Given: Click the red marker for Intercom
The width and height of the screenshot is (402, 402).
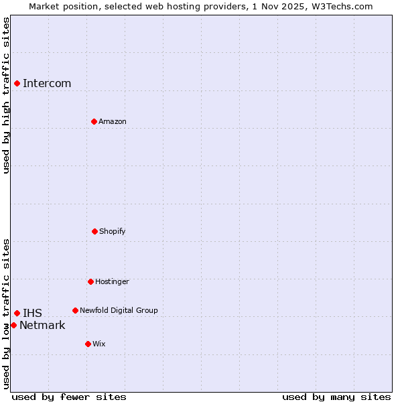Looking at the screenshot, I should tap(17, 83).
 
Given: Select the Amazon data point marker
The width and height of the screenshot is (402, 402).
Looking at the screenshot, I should tap(94, 121).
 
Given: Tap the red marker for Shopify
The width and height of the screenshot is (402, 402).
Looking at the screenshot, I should tap(94, 231).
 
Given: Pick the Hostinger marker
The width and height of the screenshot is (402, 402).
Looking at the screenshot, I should tap(90, 281).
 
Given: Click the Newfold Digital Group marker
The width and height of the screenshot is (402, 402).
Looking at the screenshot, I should tap(75, 310).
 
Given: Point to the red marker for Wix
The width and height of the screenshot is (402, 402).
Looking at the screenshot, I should tap(88, 344).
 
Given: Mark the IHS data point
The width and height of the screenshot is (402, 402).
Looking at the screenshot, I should tap(17, 313).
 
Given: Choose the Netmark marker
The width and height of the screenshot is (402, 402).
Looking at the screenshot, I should tap(13, 325).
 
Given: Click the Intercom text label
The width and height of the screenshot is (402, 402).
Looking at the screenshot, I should tap(47, 84).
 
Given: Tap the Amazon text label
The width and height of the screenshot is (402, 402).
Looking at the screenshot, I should tap(113, 122).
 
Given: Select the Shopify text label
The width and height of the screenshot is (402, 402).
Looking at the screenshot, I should tap(113, 232).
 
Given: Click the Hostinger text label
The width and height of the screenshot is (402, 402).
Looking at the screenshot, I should tap(112, 282).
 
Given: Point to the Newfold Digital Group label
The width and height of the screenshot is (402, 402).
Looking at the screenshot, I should tap(119, 311).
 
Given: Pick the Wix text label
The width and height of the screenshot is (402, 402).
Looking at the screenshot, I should tap(99, 344).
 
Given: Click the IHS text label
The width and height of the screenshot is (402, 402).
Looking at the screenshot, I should tap(32, 314).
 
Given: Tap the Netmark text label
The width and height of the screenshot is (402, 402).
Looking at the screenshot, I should tap(42, 326).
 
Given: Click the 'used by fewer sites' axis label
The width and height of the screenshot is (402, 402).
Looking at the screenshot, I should tap(69, 397).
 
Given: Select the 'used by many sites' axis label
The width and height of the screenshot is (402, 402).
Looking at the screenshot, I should tap(336, 397).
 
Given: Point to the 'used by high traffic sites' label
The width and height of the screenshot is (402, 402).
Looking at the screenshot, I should tap(6, 95).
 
